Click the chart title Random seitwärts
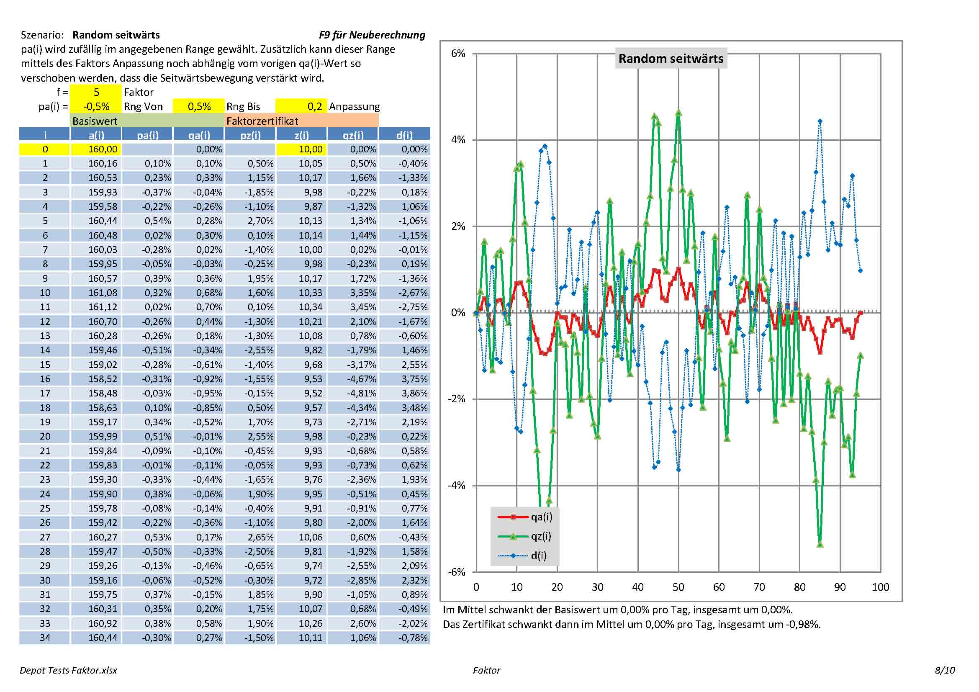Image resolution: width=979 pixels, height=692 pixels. tap(671, 59)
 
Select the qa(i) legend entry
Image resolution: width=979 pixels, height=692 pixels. tap(541, 517)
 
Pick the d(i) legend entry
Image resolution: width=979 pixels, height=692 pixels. tap(538, 556)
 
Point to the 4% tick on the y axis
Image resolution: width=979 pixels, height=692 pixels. tap(458, 140)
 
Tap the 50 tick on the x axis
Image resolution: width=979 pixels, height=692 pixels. tap(678, 587)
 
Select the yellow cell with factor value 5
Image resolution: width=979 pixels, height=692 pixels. tap(96, 92)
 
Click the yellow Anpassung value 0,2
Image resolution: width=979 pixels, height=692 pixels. tap(301, 106)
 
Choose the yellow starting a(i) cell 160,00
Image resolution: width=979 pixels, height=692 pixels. tap(96, 149)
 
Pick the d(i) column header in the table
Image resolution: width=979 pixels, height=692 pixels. tap(404, 135)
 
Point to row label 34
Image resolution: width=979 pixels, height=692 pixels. tap(45, 638)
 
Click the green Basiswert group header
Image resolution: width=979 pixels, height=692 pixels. tap(95, 121)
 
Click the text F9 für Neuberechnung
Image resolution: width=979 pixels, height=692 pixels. tap(372, 35)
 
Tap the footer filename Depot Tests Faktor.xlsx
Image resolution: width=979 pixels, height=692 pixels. tap(68, 670)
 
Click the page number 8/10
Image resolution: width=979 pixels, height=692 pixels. tap(944, 670)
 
